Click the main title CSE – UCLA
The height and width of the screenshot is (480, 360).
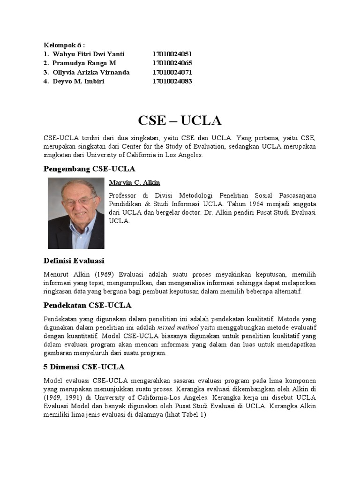coord(180,120)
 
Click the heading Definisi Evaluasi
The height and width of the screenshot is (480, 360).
coord(74,261)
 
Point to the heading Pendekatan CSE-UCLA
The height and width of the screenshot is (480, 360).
coord(87,305)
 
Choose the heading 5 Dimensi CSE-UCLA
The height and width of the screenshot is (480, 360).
coord(84,367)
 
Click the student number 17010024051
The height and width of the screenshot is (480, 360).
coord(172,54)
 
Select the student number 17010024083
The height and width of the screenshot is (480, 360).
coord(172,82)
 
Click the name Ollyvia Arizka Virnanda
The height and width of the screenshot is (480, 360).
coord(91,73)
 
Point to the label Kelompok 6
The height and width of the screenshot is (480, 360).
coord(64,45)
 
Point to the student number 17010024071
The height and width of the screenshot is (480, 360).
coord(172,73)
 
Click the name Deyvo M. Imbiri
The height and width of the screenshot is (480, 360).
coord(78,82)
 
